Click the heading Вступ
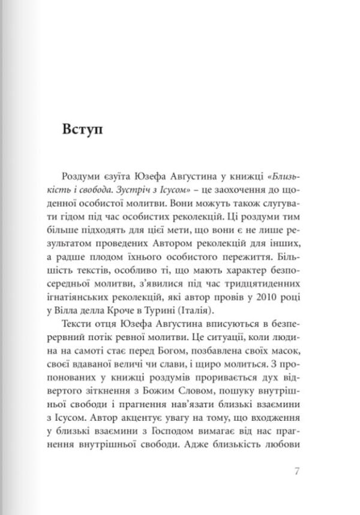[82, 131]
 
